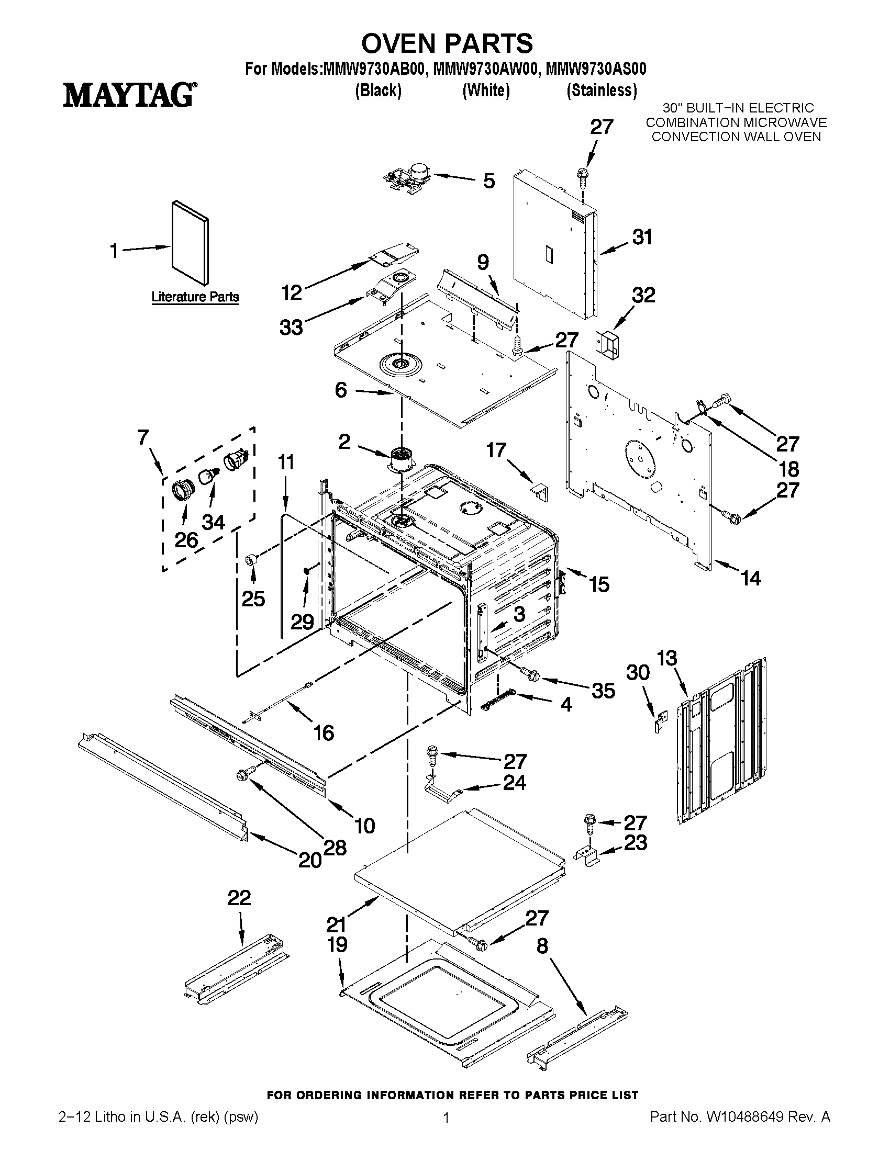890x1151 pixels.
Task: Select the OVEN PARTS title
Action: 447,43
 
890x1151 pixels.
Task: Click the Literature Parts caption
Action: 195,297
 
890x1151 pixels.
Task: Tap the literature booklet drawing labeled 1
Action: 191,242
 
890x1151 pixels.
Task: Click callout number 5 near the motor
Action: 489,181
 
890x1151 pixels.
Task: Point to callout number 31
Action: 642,237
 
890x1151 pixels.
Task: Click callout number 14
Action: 751,578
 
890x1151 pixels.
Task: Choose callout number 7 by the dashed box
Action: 143,437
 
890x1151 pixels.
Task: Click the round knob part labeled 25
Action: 252,560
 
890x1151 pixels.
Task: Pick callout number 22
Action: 239,897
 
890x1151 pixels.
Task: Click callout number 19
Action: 337,944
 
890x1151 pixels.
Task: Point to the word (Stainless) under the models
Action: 602,91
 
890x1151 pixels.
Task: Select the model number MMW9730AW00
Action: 485,70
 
